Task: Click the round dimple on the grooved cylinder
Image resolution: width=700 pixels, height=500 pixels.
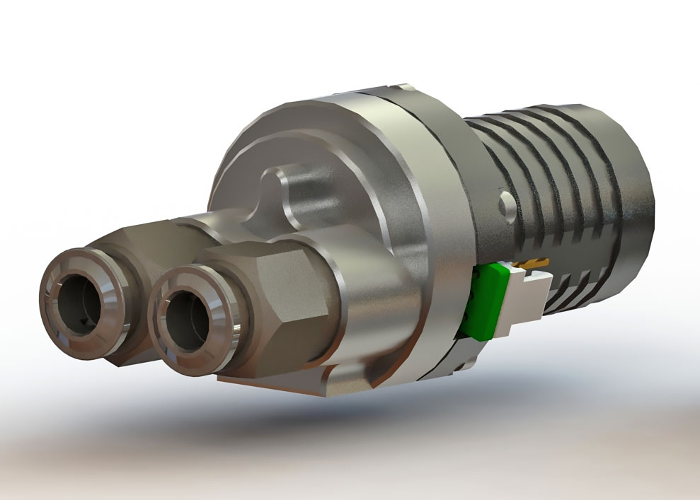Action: (x=507, y=203)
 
